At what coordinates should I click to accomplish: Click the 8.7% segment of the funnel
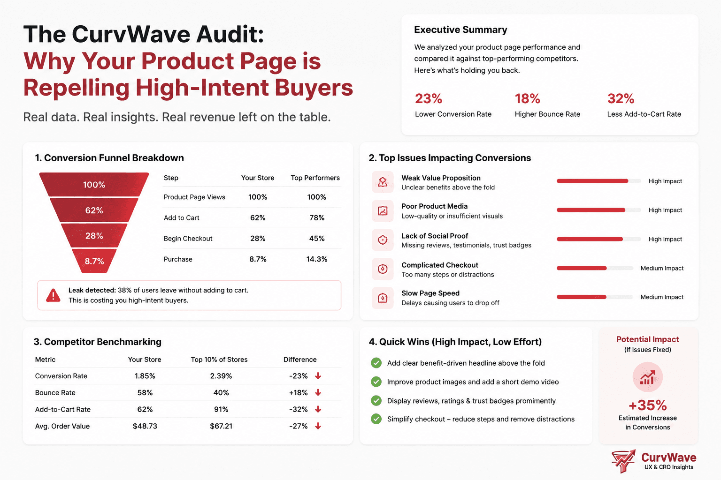pos(94,261)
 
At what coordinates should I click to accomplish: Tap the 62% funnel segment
pos(94,210)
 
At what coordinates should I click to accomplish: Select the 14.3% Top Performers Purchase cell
pos(317,259)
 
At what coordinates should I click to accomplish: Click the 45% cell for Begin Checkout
pos(317,239)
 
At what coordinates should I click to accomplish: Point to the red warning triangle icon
pos(53,295)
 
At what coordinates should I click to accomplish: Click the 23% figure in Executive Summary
pos(429,99)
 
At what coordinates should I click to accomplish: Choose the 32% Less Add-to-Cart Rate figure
pos(621,99)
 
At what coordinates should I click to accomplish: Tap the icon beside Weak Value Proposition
pos(383,182)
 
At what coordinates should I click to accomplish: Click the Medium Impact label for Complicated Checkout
pos(662,268)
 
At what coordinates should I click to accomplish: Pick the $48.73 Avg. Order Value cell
pos(145,426)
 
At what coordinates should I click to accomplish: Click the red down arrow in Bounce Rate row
pos(318,392)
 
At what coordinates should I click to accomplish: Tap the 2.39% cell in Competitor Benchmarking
pos(221,376)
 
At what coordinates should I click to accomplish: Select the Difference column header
pos(300,360)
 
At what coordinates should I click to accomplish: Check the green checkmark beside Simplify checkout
pos(376,419)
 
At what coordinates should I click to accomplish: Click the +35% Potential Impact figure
pos(648,405)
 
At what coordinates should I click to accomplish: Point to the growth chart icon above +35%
pos(648,377)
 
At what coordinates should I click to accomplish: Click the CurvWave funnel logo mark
pos(623,461)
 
